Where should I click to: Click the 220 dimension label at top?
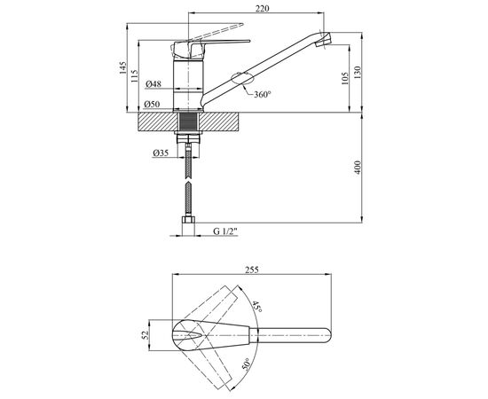coord(262,8)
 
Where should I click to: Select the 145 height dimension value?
coord(123,67)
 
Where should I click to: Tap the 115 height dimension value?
coord(134,76)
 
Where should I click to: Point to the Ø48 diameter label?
coord(153,84)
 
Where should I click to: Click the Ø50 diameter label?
coord(152,104)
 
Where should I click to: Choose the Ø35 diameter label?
coord(161,153)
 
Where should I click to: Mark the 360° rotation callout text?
coord(263,94)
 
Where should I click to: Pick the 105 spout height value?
coord(344,79)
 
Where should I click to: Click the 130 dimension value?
coord(357,73)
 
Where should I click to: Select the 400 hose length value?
coord(358,167)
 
